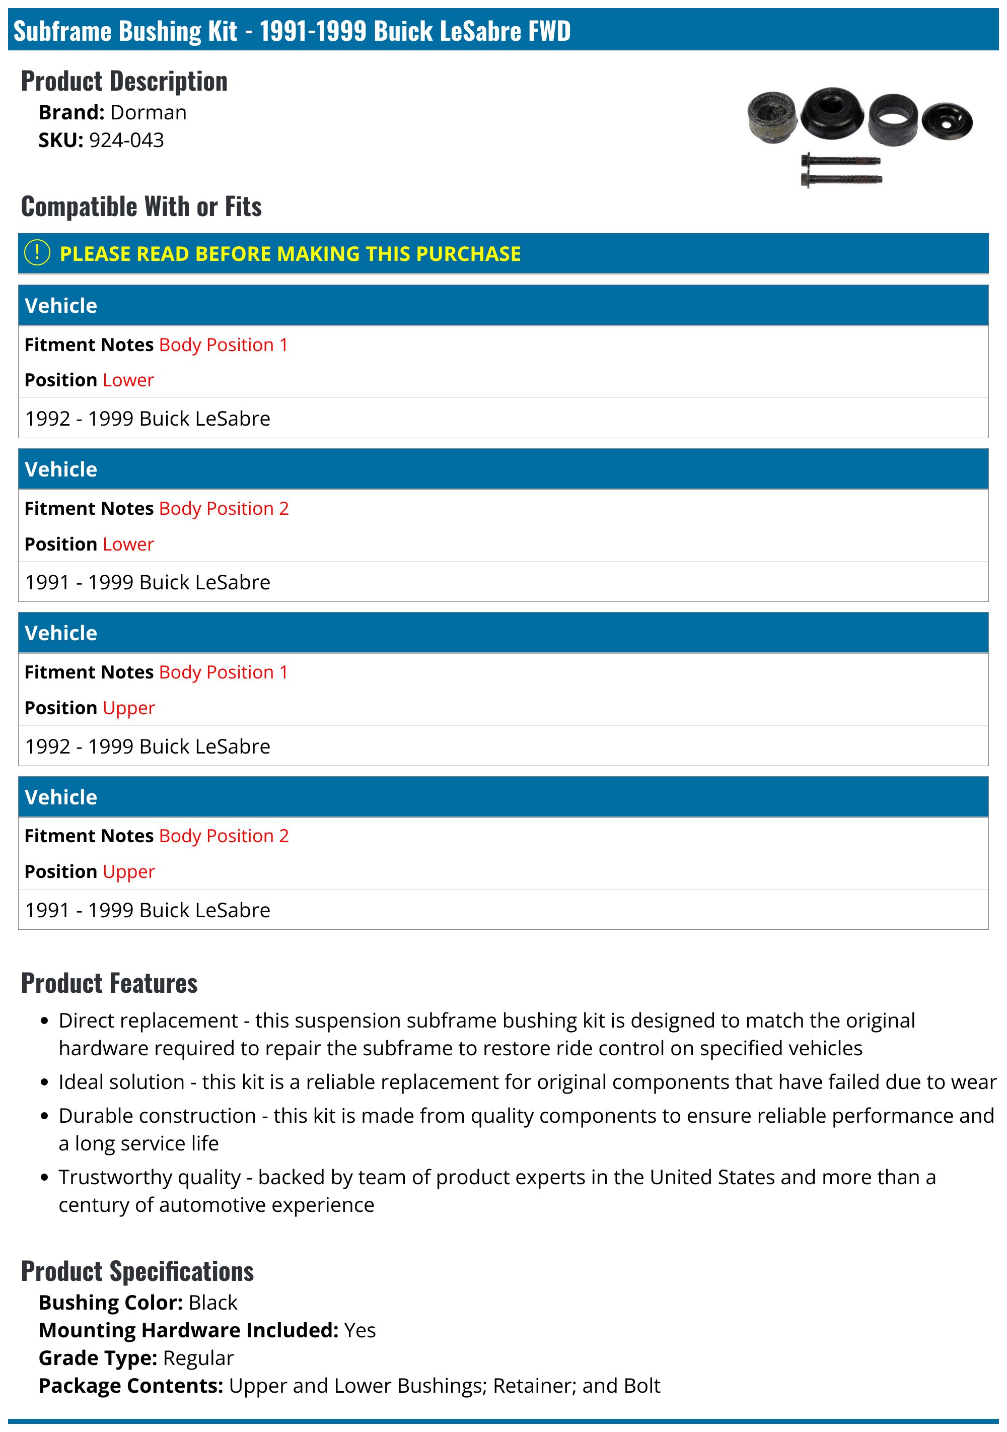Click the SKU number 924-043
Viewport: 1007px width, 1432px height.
click(126, 141)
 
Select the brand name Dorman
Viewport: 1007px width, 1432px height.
click(148, 113)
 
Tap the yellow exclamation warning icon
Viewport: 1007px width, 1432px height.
click(37, 253)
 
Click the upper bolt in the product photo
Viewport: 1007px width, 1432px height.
click(840, 161)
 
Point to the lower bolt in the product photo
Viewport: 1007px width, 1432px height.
click(841, 180)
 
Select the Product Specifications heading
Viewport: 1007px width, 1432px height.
click(137, 1272)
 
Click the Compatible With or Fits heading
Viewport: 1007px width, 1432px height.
click(141, 207)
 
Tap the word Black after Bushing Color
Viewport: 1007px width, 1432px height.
click(212, 1303)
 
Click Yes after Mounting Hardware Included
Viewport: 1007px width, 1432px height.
click(360, 1330)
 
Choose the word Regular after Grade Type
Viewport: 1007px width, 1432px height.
click(198, 1358)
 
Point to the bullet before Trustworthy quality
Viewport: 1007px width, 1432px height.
click(44, 1178)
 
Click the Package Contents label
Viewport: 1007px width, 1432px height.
click(131, 1385)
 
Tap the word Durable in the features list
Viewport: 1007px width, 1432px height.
click(95, 1116)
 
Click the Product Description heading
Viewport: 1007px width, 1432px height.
click(124, 82)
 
